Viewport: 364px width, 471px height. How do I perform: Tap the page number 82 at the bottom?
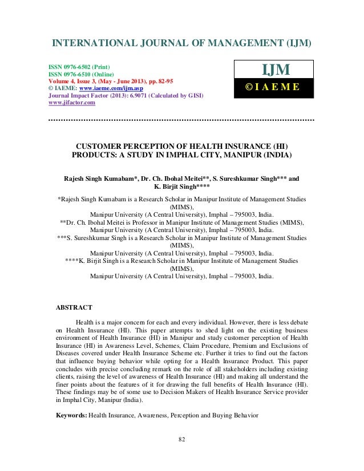pyautogui.click(x=182, y=454)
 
